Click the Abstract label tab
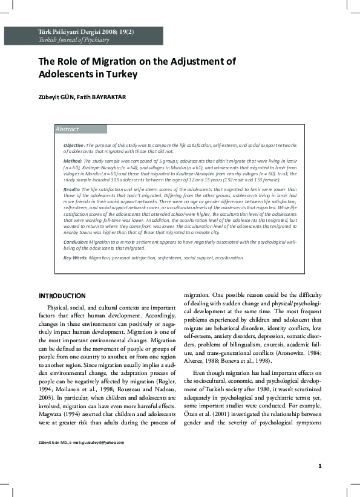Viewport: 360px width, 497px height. tap(67, 129)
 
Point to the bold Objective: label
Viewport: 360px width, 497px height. tap(74, 146)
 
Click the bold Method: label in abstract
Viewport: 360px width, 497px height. tap(73, 162)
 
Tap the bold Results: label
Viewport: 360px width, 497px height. tap(72, 189)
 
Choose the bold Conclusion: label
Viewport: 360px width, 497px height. tap(77, 241)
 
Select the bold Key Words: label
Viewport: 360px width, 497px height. tap(76, 258)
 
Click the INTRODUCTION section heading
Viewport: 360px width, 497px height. tap(62, 296)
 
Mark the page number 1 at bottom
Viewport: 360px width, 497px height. tap(319, 482)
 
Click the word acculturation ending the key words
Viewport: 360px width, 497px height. tap(227, 258)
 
